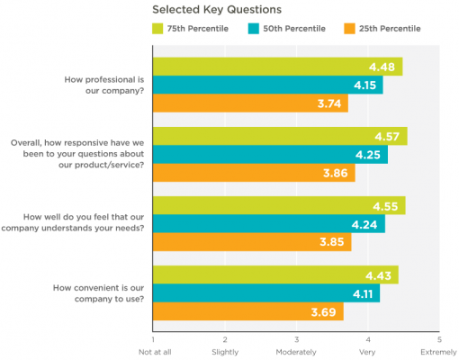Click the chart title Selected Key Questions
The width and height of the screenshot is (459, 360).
click(x=216, y=10)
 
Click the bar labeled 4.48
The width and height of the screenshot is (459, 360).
click(x=277, y=67)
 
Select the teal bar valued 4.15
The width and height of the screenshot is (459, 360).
click(x=267, y=85)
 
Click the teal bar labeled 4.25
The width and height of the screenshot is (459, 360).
click(x=270, y=155)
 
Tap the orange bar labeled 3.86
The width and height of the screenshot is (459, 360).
click(x=254, y=173)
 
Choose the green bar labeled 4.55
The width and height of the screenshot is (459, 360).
click(x=279, y=206)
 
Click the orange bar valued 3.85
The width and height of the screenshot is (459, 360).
click(x=252, y=242)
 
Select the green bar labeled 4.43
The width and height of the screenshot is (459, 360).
click(x=275, y=275)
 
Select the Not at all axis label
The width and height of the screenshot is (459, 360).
click(x=155, y=352)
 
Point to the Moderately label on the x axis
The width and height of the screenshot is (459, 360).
click(x=296, y=352)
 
